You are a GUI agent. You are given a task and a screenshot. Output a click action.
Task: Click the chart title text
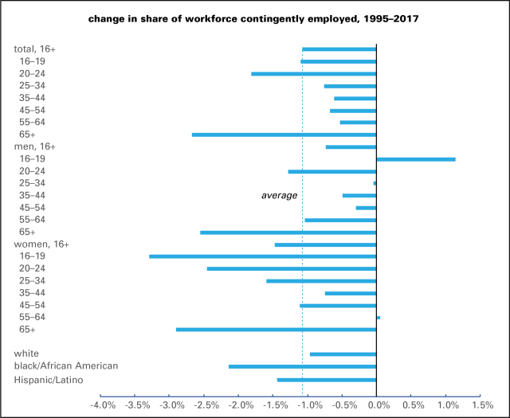tap(255, 18)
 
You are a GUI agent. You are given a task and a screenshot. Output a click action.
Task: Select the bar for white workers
tap(343, 354)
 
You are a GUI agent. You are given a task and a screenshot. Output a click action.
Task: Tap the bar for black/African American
tap(302, 366)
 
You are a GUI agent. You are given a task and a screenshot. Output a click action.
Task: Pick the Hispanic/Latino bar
tap(326, 379)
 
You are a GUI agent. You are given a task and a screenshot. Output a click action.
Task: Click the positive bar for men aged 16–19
tap(415, 159)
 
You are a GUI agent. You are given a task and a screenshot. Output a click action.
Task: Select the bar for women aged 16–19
tap(262, 256)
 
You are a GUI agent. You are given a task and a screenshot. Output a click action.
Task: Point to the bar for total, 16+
tap(339, 49)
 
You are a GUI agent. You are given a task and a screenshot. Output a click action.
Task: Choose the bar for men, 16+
tap(351, 146)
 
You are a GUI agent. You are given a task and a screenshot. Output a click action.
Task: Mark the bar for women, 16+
tap(325, 244)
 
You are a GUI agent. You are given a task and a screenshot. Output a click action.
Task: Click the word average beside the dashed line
tap(279, 195)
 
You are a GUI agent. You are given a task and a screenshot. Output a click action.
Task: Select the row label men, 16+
tap(36, 146)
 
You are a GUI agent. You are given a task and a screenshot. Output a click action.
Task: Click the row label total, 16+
tap(35, 49)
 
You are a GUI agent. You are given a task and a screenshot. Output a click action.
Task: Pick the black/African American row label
tap(66, 366)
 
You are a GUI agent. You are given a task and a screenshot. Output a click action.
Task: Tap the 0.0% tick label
tap(378, 405)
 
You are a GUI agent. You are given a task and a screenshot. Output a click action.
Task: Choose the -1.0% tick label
tap(309, 405)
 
